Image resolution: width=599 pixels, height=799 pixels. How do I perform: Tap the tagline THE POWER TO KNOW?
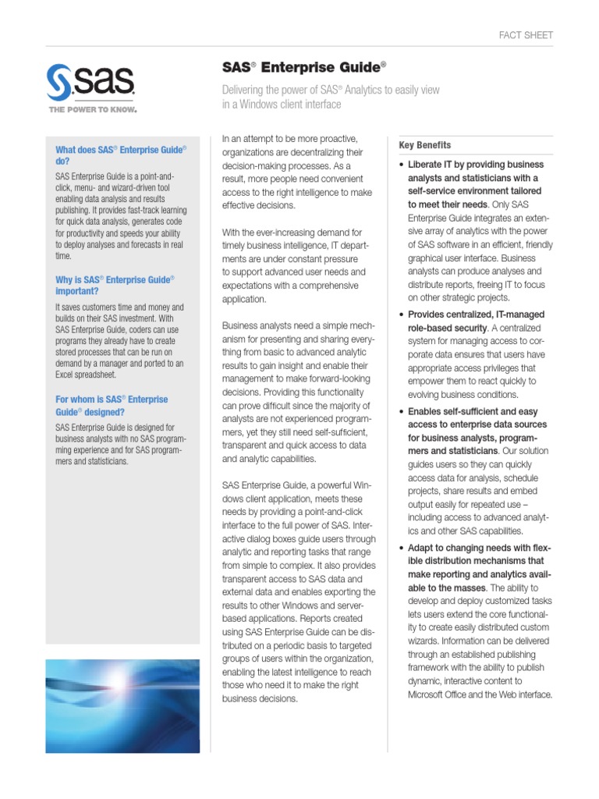[92, 110]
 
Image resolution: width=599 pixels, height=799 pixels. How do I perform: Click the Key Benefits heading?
[424, 145]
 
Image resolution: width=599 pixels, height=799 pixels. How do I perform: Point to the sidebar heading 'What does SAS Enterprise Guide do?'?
[121, 154]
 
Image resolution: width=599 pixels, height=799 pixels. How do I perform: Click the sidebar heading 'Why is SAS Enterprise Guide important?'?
[115, 285]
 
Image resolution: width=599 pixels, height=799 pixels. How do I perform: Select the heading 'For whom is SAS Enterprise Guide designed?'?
[112, 405]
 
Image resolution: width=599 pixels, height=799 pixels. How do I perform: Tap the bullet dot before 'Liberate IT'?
[401, 165]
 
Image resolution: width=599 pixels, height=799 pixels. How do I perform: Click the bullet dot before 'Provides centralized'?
[401, 314]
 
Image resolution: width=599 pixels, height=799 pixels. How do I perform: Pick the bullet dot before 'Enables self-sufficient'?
[401, 412]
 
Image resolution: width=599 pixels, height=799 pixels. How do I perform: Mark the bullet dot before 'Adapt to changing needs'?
[401, 549]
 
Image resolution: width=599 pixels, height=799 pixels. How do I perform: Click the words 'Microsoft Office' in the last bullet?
[441, 694]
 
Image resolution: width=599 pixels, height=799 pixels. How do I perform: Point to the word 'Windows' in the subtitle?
[266, 105]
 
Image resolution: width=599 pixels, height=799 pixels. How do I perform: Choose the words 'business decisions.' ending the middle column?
[261, 698]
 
